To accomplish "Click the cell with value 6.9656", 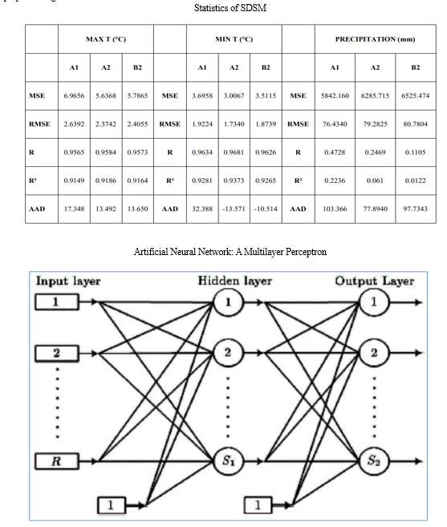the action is [x=74, y=95].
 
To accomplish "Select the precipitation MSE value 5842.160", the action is [x=335, y=95].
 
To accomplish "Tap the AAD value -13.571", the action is [x=234, y=209].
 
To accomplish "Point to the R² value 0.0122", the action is [x=416, y=180].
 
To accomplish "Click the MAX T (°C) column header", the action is [x=106, y=39].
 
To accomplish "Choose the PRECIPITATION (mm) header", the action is [x=375, y=39].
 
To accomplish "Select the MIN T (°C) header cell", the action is [x=234, y=39].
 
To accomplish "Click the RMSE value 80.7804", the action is [x=416, y=124].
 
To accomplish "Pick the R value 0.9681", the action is [x=234, y=152].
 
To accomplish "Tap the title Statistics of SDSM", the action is [x=230, y=8].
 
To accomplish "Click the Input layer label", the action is [x=68, y=281].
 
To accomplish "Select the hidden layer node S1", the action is [x=228, y=460].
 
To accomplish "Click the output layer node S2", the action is [x=373, y=460].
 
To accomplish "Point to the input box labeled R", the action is [x=57, y=461].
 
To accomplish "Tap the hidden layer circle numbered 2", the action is [x=228, y=353].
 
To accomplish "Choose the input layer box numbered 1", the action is [x=57, y=302].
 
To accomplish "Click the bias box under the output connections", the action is [x=258, y=505].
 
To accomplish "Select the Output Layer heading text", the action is [x=374, y=281].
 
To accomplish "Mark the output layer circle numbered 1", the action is [x=374, y=302].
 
